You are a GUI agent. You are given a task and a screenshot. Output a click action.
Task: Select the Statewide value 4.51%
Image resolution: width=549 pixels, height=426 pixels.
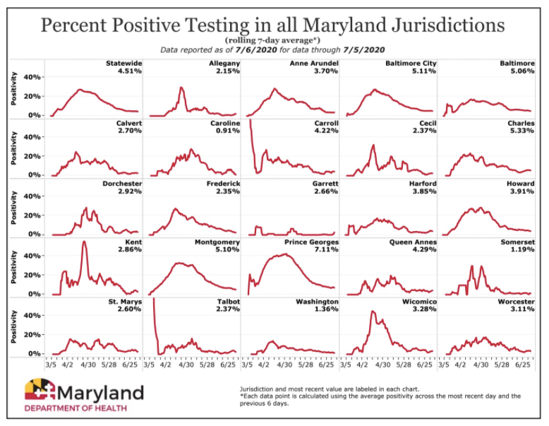[x=130, y=71]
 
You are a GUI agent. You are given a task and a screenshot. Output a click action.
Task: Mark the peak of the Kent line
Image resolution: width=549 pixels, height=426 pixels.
[x=84, y=242]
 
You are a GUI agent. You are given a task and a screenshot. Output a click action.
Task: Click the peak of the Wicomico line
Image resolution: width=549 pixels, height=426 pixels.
[x=371, y=312]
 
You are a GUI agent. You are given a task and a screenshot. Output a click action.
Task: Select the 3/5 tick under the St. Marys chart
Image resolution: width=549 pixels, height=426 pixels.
[x=51, y=365]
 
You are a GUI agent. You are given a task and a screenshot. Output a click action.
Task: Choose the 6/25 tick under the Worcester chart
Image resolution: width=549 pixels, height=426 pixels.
[x=524, y=365]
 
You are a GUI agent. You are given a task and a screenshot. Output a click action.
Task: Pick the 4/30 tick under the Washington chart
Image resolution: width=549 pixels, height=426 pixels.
[x=284, y=365]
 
